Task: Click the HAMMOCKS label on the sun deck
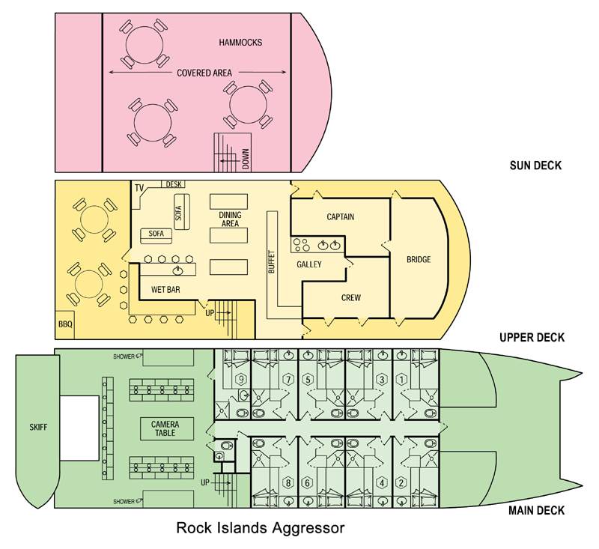tap(240, 42)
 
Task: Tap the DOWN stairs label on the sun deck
tap(246, 159)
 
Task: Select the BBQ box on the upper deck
tap(65, 325)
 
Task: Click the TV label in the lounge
tap(139, 187)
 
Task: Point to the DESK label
tap(174, 184)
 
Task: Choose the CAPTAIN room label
tap(341, 217)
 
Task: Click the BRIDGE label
tap(419, 259)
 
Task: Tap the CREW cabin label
tap(350, 297)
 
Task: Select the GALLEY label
tap(309, 264)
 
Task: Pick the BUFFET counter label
tap(272, 261)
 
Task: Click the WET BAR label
tap(165, 290)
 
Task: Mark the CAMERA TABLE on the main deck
tap(165, 428)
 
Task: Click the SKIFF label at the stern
tap(38, 427)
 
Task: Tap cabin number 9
tap(240, 380)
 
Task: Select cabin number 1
tap(401, 380)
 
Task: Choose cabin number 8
tap(288, 483)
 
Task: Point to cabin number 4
tap(382, 483)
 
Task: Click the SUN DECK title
tap(535, 166)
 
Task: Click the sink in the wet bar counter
tap(178, 270)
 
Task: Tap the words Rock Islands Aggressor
tap(260, 528)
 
